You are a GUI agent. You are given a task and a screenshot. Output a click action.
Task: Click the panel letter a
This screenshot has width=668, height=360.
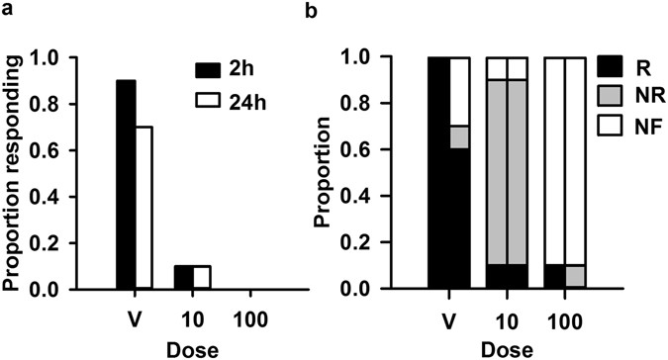(x=8, y=9)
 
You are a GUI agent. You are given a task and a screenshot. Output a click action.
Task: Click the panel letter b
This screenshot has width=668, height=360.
(x=342, y=9)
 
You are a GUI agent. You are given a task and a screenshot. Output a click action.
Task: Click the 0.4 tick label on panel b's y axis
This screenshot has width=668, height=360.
(x=393, y=196)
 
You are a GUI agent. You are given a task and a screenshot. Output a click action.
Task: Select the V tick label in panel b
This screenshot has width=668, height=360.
(x=448, y=320)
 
